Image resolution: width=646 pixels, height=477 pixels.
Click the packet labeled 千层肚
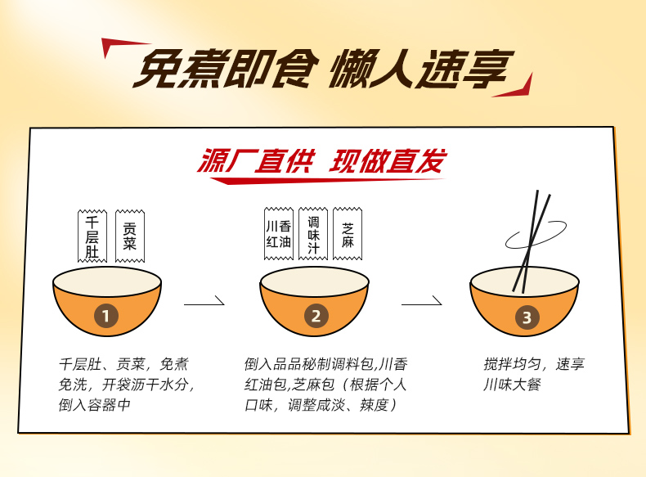[92, 236]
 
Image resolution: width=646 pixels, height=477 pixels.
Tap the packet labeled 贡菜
[130, 236]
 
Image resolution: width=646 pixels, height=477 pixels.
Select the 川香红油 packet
[279, 234]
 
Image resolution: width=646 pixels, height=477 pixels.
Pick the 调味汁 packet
[313, 234]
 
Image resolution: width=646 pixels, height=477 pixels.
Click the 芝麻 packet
[348, 234]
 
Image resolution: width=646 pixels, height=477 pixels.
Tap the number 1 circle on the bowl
[106, 316]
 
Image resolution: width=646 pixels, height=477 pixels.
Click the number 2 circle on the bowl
[316, 316]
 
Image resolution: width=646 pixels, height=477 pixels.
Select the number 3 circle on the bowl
[527, 317]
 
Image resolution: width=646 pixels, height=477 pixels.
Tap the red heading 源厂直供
[256, 161]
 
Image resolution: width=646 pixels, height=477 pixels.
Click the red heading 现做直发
[388, 161]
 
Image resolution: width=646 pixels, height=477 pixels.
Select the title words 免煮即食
[226, 69]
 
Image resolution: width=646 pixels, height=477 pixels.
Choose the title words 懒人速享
[421, 69]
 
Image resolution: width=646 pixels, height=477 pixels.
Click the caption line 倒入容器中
[94, 405]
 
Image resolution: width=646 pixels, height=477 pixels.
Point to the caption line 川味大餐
[512, 385]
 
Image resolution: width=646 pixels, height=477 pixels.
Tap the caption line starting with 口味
[321, 405]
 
